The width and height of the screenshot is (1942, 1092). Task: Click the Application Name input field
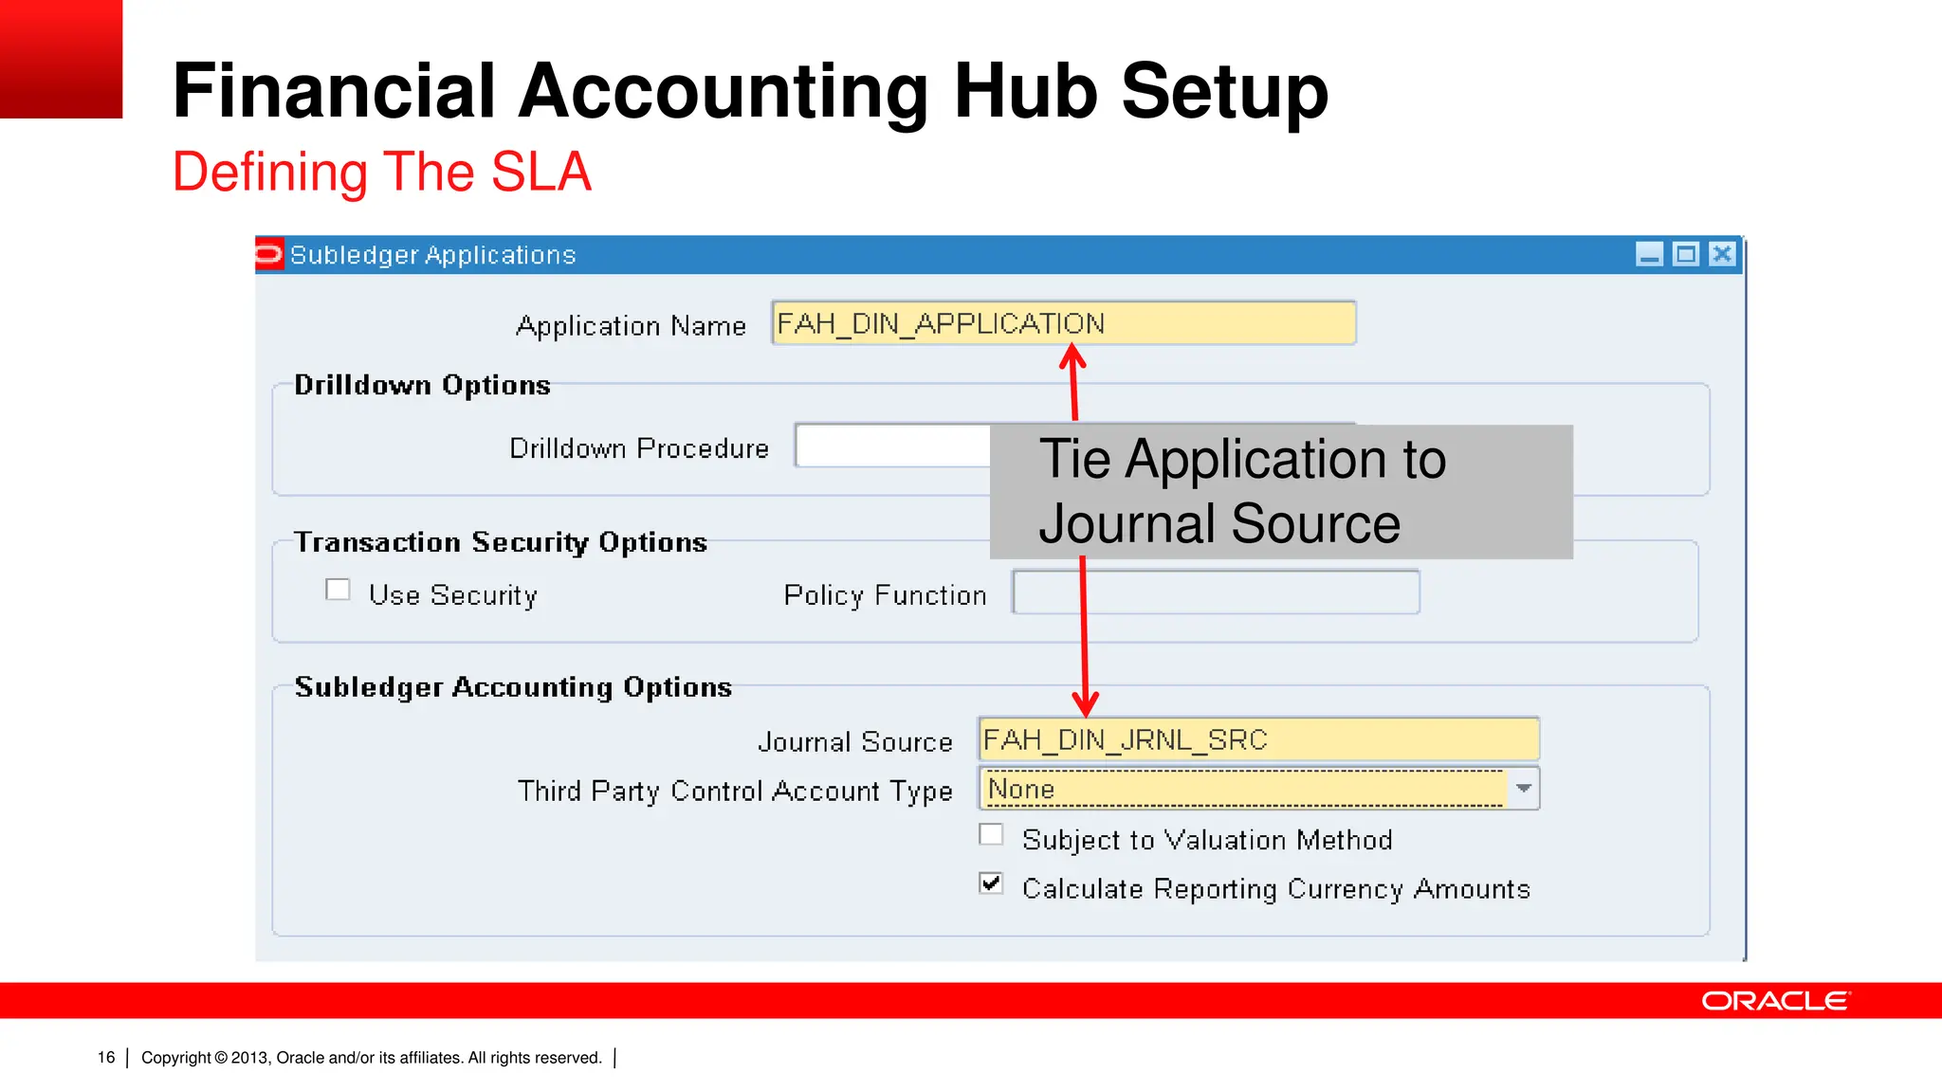(1063, 323)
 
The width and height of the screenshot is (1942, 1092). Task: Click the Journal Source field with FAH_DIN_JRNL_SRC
(1257, 739)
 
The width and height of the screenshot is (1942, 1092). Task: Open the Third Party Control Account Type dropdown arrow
(1523, 789)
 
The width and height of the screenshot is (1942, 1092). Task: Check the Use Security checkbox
(338, 590)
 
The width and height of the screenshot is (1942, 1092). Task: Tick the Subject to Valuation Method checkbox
(991, 835)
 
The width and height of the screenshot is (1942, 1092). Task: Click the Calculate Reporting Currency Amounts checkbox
(991, 883)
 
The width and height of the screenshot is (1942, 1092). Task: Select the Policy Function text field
(1216, 592)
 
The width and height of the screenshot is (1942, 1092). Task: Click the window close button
(1722, 254)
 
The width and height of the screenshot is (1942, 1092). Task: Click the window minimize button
(1649, 254)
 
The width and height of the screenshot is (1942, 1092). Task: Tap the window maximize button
(1685, 254)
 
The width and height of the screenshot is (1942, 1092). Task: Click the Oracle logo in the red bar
(1775, 1001)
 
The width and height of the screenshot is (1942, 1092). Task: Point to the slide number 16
(106, 1058)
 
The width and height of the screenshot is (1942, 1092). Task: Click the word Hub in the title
(1024, 91)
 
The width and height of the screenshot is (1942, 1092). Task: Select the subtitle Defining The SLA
(381, 172)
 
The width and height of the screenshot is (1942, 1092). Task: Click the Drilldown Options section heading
(422, 385)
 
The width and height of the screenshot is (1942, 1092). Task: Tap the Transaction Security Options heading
(501, 542)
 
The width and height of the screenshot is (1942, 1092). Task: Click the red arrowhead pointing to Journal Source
(1086, 705)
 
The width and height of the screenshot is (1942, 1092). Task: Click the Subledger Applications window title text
(432, 255)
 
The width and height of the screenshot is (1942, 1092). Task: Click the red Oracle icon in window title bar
(269, 254)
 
